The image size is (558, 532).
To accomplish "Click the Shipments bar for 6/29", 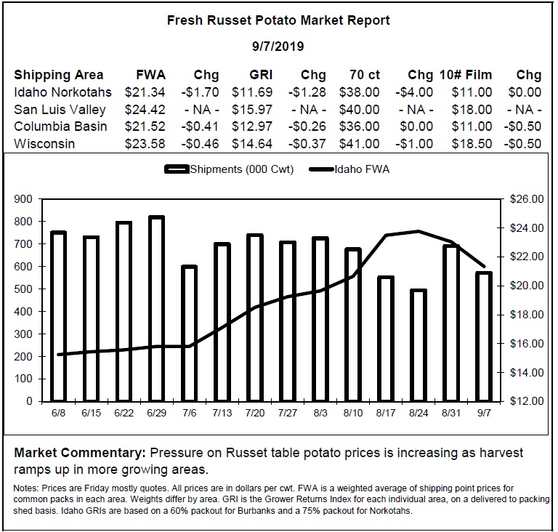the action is (x=157, y=309).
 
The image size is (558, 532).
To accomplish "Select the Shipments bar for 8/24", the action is (x=418, y=345).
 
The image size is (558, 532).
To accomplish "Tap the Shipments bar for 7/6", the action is (x=190, y=334).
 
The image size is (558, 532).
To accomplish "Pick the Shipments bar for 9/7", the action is (x=484, y=337).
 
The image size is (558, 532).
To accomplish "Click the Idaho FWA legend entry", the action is (x=349, y=169).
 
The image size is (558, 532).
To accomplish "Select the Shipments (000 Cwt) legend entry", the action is (x=229, y=169).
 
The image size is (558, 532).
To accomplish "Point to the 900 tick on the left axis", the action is (x=23, y=199).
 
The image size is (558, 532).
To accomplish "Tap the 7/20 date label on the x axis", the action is (x=255, y=413).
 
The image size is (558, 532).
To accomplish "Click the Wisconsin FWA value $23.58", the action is (x=145, y=144).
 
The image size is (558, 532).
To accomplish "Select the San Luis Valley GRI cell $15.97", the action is (x=252, y=109).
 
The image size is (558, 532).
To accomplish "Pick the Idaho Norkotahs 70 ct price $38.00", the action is (x=359, y=92).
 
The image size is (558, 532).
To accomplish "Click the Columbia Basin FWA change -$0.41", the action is (x=200, y=126).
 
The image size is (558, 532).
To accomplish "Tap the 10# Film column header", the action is (x=466, y=75).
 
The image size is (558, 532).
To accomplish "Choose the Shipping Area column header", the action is (x=59, y=75).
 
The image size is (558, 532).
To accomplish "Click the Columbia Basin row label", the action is (x=60, y=126).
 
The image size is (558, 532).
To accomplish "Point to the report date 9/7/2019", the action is (x=278, y=47).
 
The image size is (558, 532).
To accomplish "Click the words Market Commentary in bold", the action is (x=80, y=453).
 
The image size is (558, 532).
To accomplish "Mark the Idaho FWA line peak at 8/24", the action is (x=418, y=231).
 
